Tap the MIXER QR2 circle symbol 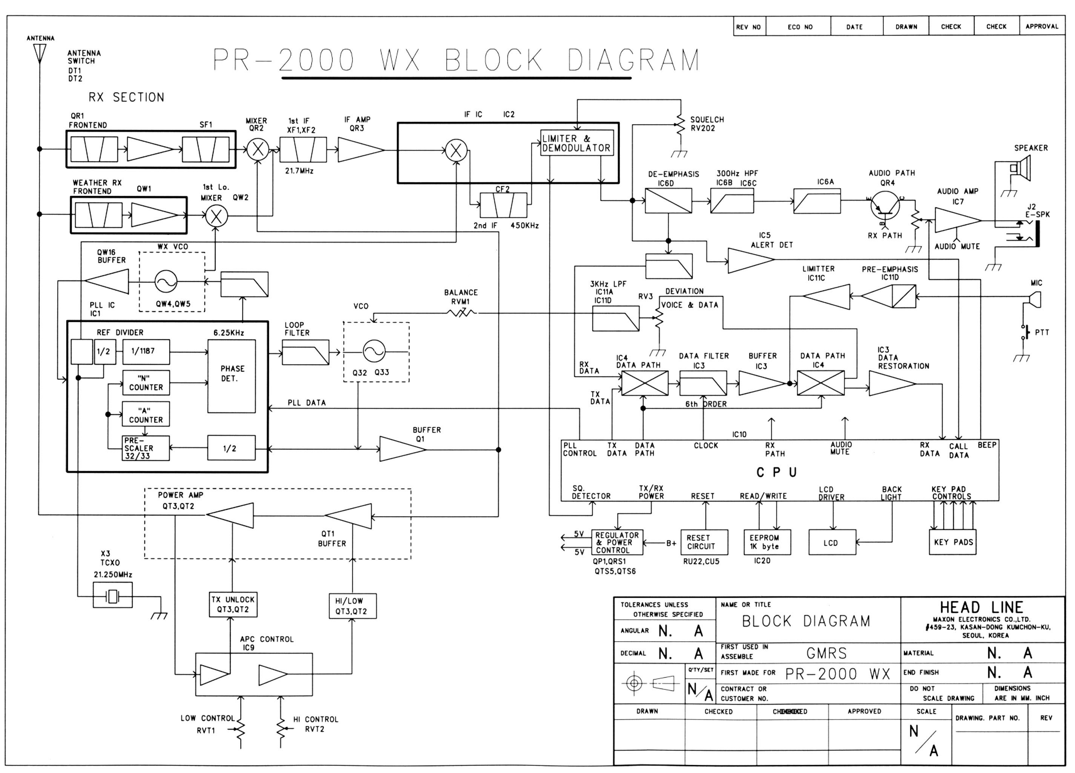[x=258, y=150]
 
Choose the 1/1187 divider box [x=146, y=352]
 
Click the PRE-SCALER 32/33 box [x=146, y=448]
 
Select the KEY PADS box [x=953, y=542]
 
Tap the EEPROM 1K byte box [x=767, y=542]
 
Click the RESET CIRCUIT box [x=704, y=542]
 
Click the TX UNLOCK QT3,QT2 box [x=233, y=605]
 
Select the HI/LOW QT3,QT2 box [x=353, y=606]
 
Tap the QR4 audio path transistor [x=885, y=205]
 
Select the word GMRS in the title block [x=827, y=654]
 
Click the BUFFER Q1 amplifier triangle [x=401, y=449]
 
